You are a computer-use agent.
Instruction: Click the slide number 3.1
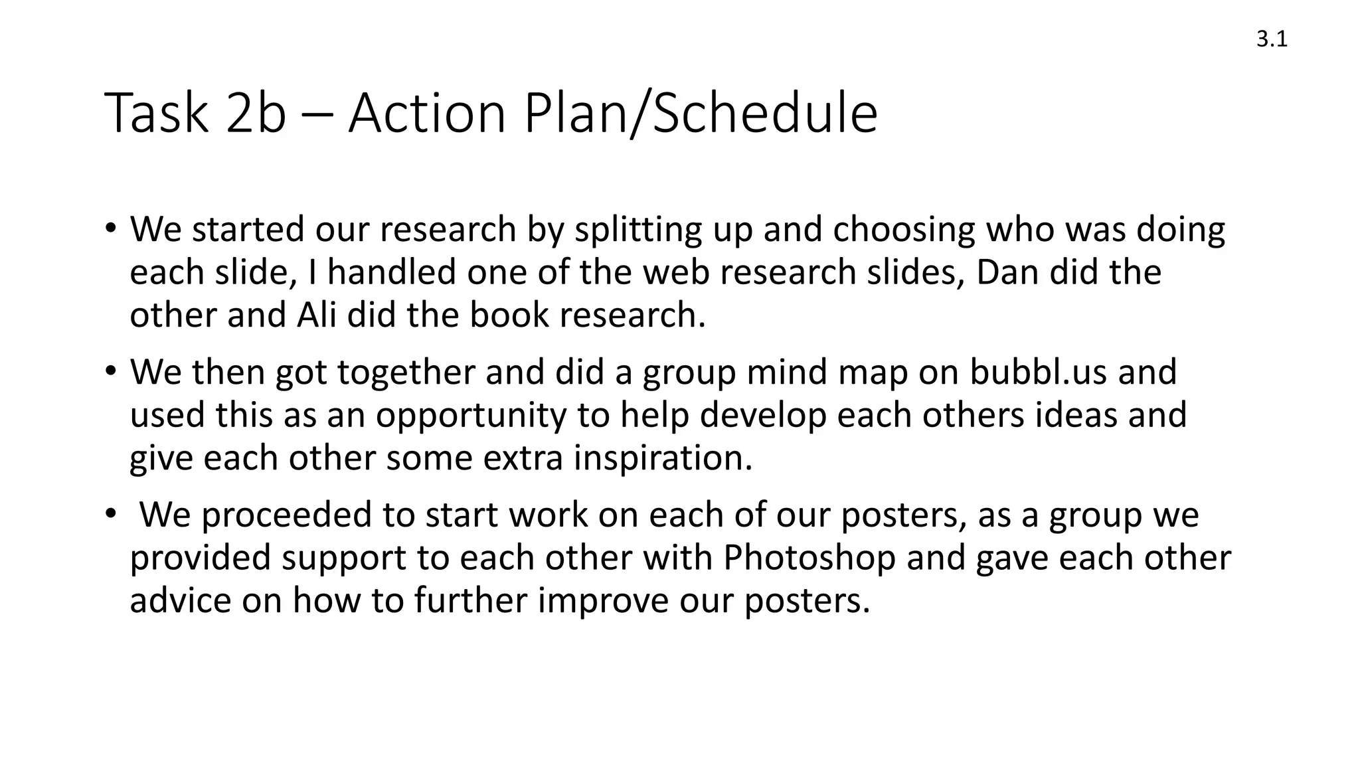tap(1272, 40)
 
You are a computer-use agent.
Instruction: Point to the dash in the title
tap(317, 114)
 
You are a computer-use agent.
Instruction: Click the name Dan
tap(1007, 272)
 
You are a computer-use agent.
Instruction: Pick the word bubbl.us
tap(1038, 371)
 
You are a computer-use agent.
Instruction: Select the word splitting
tap(638, 230)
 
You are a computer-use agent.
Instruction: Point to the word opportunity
tap(471, 416)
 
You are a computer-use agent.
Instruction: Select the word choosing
tap(904, 230)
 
